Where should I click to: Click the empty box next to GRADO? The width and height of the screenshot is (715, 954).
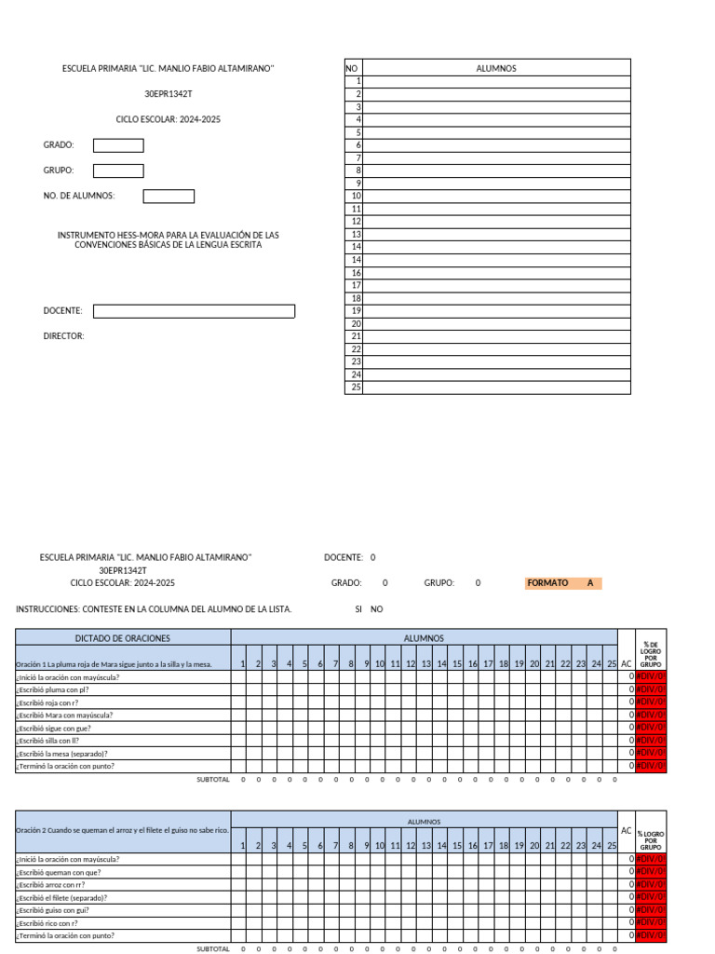click(x=118, y=145)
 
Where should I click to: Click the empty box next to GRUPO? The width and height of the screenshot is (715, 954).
click(x=118, y=170)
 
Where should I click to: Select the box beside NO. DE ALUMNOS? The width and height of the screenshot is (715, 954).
click(x=169, y=196)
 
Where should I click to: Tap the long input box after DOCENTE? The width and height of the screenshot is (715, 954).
click(x=194, y=311)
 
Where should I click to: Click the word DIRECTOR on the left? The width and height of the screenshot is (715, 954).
click(x=63, y=335)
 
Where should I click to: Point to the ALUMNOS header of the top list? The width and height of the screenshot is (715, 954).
click(x=496, y=68)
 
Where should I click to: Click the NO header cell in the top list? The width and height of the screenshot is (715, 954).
click(x=352, y=68)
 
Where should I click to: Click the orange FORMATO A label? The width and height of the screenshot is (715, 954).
click(x=563, y=583)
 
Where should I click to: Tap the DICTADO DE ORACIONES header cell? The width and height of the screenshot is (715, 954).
click(x=123, y=638)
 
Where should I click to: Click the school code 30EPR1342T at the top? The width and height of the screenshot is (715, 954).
click(x=169, y=94)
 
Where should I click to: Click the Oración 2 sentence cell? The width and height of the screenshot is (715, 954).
click(x=122, y=829)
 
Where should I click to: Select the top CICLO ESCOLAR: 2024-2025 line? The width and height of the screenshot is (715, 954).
click(x=169, y=119)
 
